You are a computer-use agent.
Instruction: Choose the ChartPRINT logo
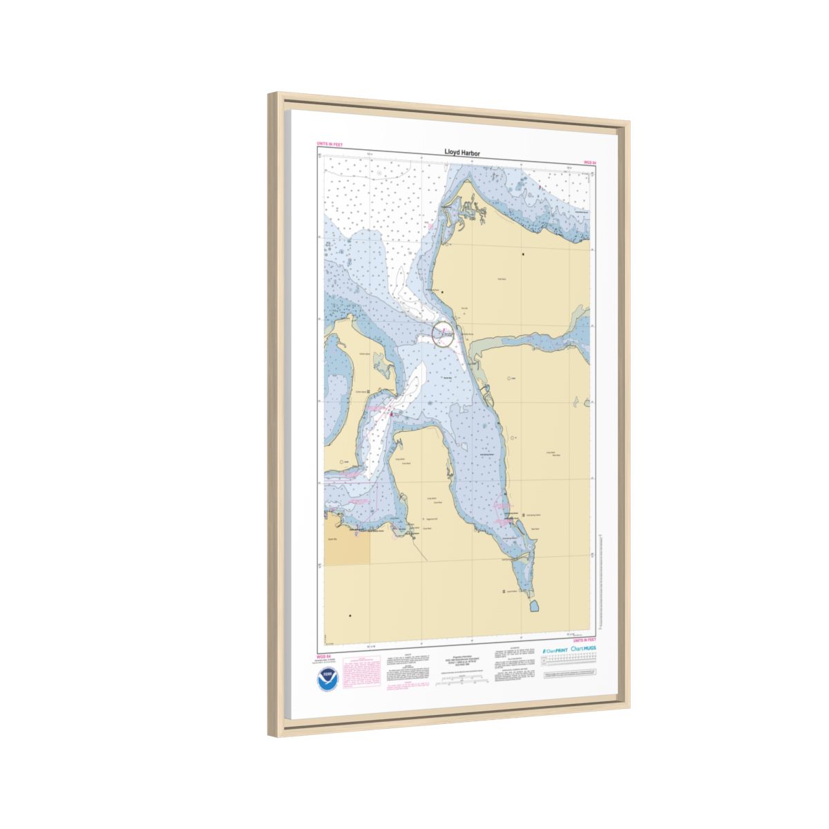554,650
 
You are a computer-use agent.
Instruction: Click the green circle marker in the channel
443,334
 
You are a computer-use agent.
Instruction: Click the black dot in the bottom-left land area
350,616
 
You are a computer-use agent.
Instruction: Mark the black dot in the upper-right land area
523,255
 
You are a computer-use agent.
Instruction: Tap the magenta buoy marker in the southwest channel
391,414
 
